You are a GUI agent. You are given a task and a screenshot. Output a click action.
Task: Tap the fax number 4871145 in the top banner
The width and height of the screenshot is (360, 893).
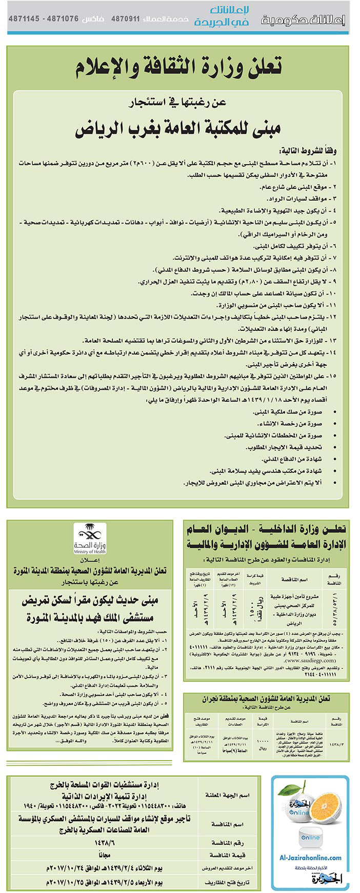point(24,18)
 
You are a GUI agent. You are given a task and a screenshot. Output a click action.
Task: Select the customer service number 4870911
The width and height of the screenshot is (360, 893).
point(125,18)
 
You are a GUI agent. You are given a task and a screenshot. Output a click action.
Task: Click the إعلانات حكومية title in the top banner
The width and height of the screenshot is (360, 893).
point(303,19)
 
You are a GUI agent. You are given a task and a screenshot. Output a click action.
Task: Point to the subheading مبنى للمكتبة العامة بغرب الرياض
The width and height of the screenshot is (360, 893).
point(178,129)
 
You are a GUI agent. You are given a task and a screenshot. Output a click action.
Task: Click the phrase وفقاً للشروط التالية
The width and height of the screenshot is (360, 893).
point(307,150)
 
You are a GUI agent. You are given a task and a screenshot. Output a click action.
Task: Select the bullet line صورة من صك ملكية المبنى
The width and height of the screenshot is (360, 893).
point(294,412)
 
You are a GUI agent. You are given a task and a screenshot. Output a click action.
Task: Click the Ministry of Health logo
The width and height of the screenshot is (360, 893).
point(90,539)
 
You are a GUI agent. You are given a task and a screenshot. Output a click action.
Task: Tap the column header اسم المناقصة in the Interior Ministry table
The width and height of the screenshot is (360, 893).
point(294,579)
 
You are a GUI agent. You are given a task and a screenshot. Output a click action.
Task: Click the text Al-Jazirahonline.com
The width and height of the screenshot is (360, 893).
point(310,857)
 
